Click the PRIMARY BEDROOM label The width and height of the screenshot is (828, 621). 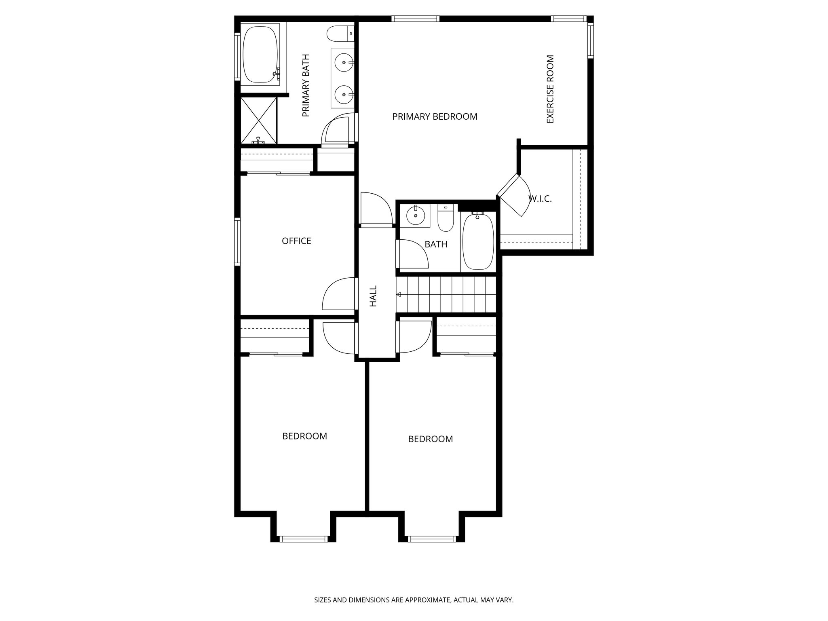[435, 117]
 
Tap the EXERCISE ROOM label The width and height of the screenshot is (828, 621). [550, 89]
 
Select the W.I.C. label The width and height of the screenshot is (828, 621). [540, 199]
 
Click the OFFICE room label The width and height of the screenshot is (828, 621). [296, 241]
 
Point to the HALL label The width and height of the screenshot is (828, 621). [373, 296]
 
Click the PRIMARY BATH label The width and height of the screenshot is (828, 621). [306, 85]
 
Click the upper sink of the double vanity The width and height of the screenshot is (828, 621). [344, 63]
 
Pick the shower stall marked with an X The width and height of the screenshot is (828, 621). [259, 120]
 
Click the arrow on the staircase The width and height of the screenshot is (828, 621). [399, 294]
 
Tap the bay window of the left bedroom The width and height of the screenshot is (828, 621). [303, 539]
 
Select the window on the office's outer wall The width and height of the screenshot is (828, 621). [238, 241]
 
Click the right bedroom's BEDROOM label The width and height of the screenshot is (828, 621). [430, 439]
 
